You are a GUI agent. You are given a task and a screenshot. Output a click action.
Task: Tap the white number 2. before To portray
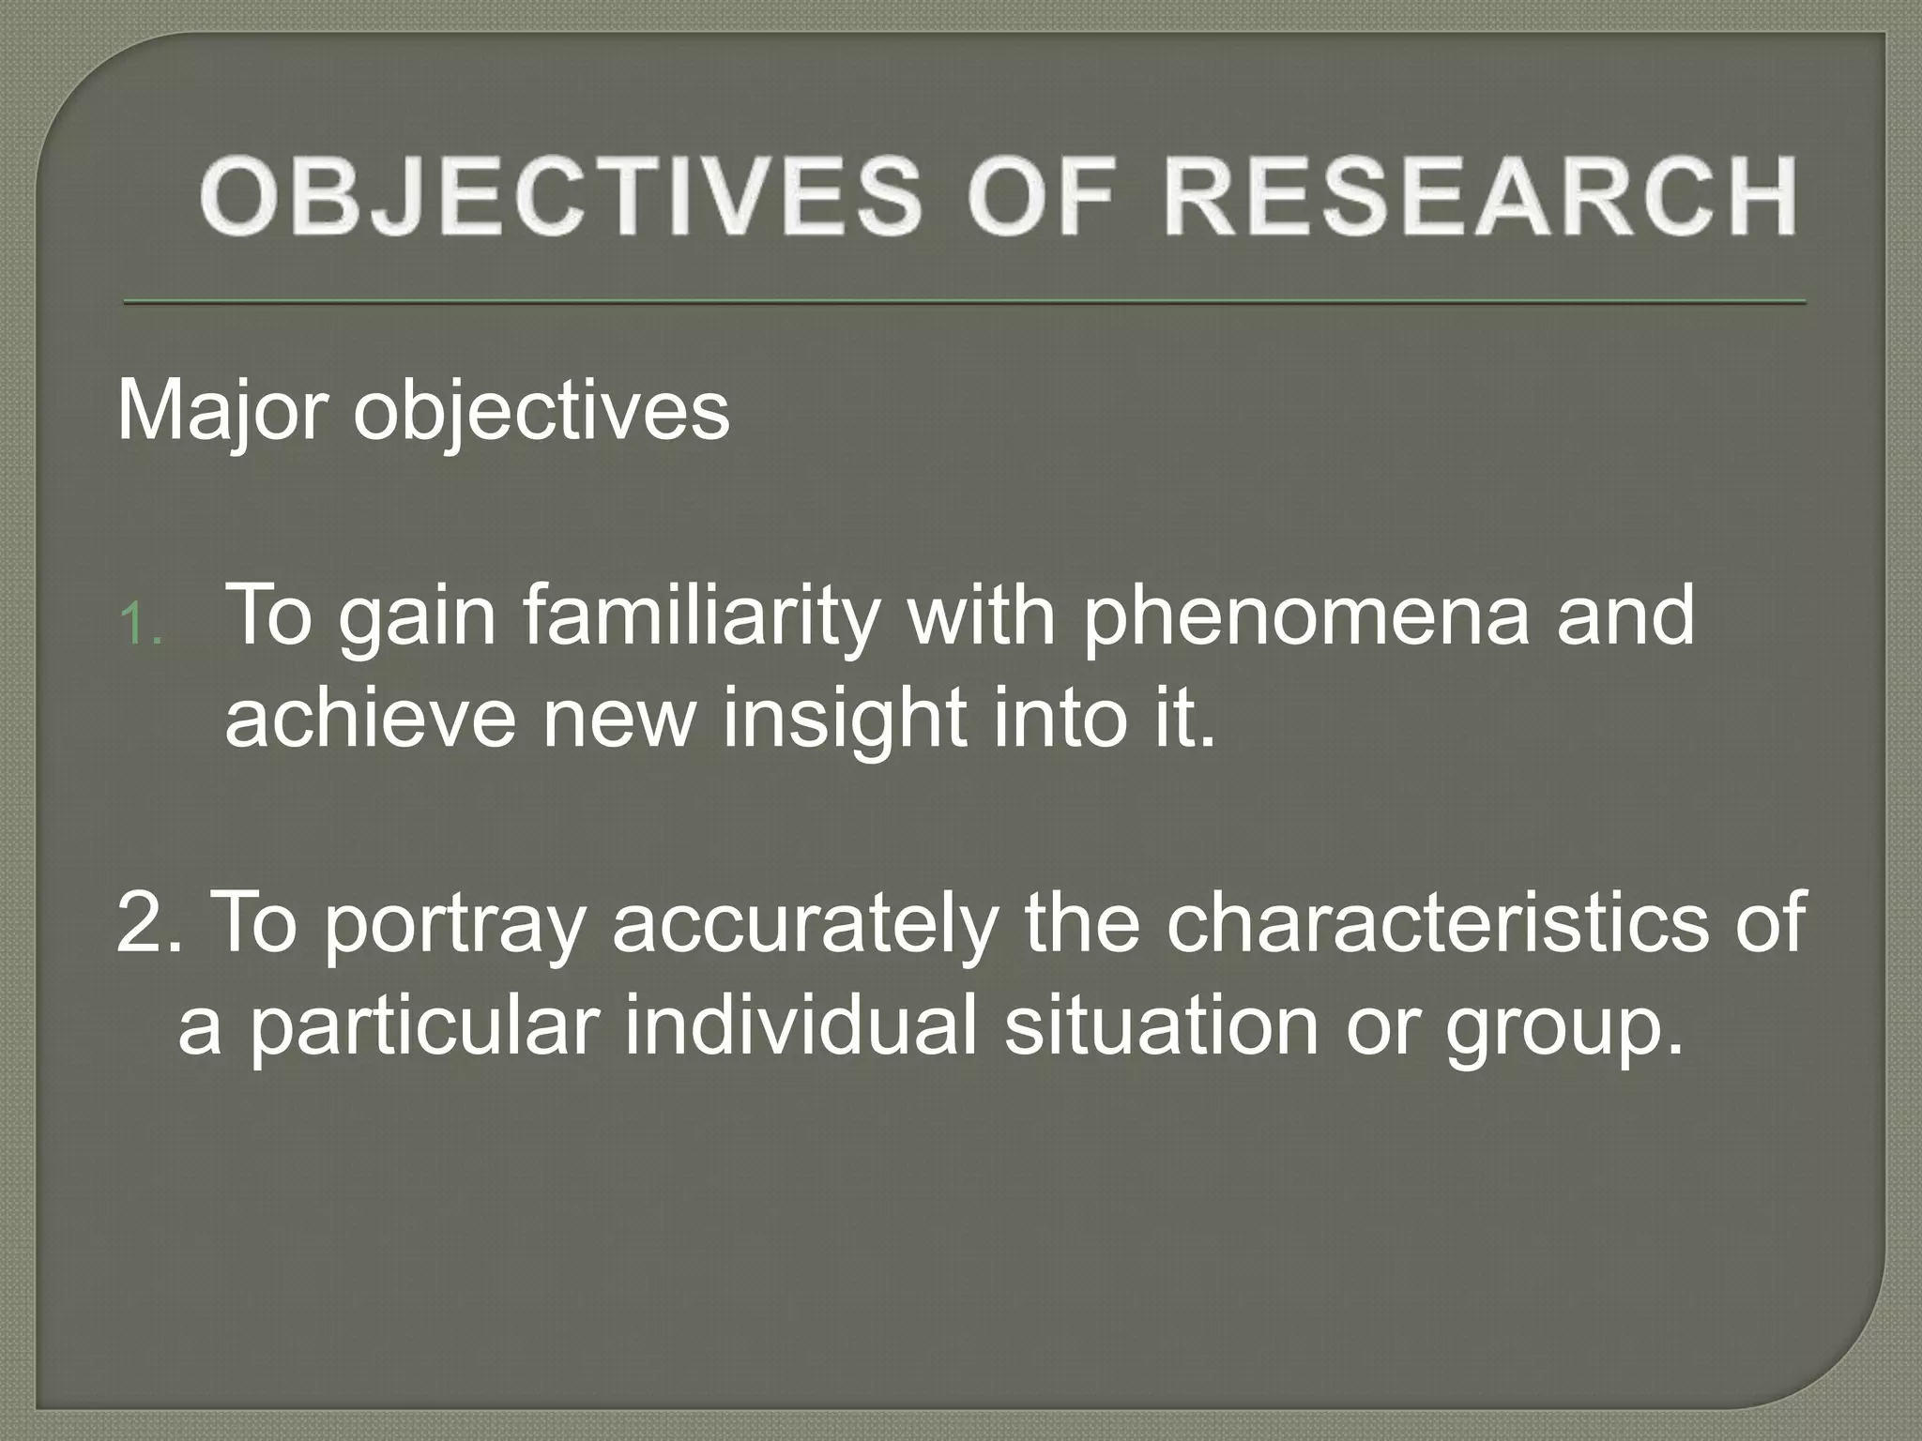(x=149, y=923)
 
